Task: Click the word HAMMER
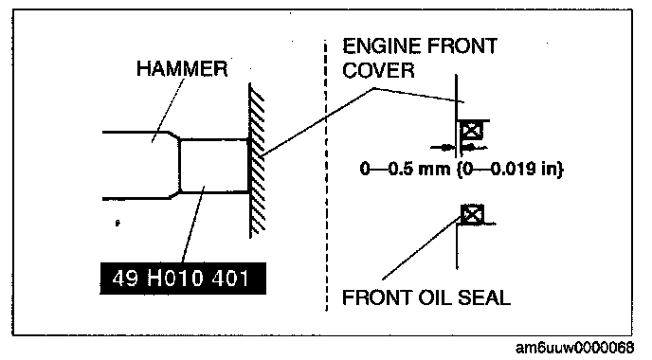[x=182, y=68]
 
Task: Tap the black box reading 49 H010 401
[x=183, y=279]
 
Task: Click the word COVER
[x=378, y=70]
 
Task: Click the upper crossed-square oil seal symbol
[x=472, y=131]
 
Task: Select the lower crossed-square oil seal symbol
[x=472, y=214]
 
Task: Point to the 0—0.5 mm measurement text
[x=406, y=170]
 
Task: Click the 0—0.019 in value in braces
[x=510, y=170]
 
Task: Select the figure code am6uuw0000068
[x=574, y=348]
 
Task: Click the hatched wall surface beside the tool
[x=257, y=160]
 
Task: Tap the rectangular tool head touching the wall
[x=214, y=167]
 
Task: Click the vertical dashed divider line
[x=326, y=174]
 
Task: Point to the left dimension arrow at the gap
[x=443, y=147]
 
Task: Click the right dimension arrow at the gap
[x=474, y=147]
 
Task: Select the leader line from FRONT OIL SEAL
[x=421, y=248]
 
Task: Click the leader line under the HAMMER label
[x=168, y=111]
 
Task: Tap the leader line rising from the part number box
[x=193, y=225]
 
